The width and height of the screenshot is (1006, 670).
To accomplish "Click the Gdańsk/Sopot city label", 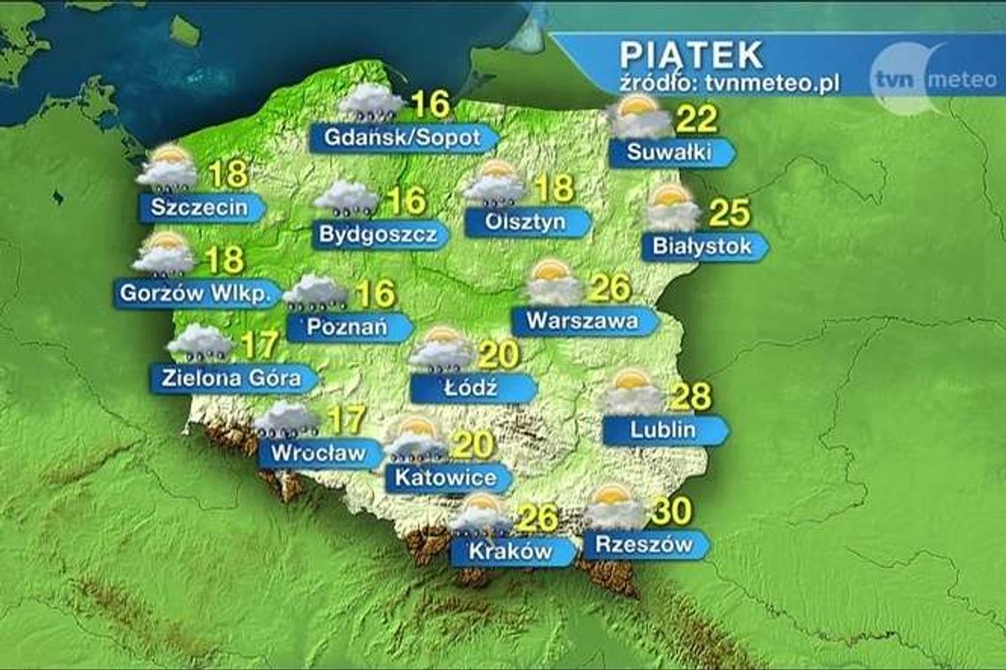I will coord(402,139).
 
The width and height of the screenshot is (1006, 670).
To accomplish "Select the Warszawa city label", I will coord(582,320).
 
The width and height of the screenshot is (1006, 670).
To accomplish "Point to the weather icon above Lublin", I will coord(632,391).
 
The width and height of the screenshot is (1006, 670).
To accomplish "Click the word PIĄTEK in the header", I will coord(691,55).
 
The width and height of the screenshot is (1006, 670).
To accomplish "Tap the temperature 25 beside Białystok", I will coord(728,213).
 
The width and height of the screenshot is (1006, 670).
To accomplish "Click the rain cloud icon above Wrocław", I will coord(288,420).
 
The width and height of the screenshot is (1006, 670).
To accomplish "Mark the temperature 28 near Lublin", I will coord(691,396).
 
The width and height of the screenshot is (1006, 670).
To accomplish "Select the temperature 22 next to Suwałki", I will coord(696,119).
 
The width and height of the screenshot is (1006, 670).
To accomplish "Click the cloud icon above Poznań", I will coord(314,292).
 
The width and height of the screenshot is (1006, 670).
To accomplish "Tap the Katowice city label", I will coord(446,478).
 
